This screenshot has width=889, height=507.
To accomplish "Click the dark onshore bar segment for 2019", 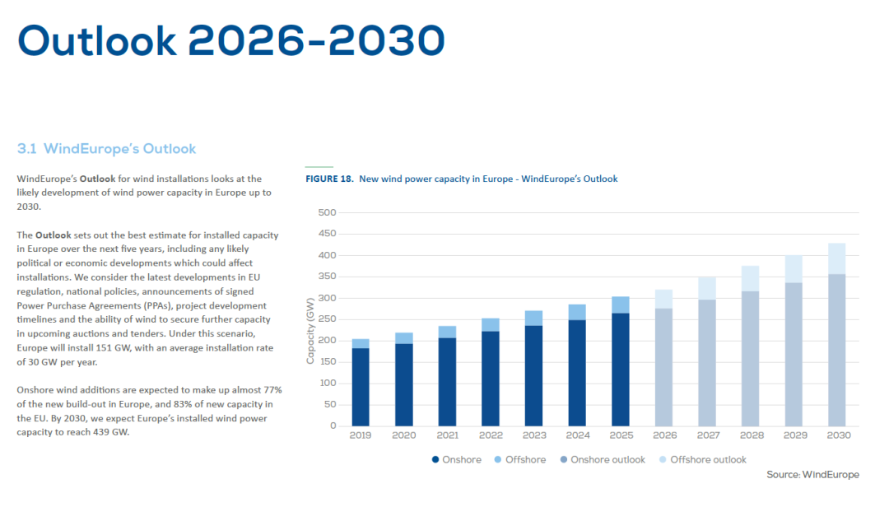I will [361, 387].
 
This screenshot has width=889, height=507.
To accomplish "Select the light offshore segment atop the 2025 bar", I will [620, 305].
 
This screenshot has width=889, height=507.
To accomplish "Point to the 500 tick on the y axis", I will [327, 213].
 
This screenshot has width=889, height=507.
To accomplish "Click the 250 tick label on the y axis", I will [327, 319].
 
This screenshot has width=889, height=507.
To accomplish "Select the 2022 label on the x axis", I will [491, 435].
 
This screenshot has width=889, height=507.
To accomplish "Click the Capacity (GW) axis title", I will [310, 330].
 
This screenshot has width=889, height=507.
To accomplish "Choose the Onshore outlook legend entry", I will [607, 459].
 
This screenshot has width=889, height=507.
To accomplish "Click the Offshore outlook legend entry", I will [708, 459].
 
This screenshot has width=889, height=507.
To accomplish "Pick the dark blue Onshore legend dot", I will [435, 459].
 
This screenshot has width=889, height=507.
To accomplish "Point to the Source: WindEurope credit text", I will [812, 475].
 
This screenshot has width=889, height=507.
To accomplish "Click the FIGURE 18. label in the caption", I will [329, 179].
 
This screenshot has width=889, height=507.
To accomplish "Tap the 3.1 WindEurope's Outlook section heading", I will [106, 149].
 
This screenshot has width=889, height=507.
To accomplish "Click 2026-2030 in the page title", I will [316, 40].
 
